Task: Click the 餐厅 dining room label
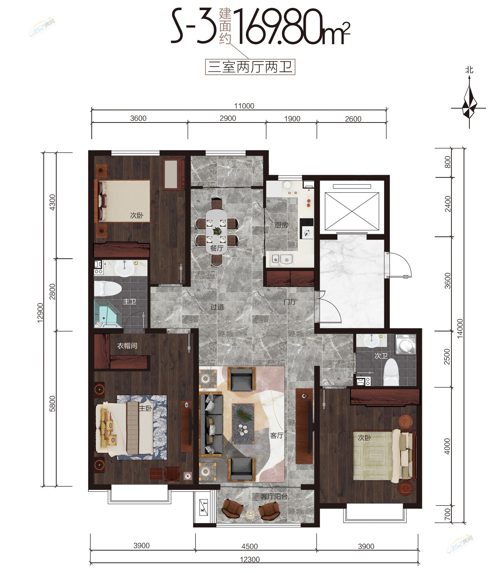click(217, 248)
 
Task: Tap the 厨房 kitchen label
click(281, 225)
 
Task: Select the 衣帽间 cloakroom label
click(127, 346)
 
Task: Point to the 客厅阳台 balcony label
click(274, 497)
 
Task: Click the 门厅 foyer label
click(290, 302)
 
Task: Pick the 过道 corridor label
click(217, 307)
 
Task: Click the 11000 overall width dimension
click(244, 106)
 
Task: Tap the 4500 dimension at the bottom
click(249, 546)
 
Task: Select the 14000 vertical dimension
click(460, 328)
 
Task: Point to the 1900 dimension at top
click(292, 119)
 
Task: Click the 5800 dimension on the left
click(52, 404)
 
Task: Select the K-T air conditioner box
click(204, 508)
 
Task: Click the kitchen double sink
click(282, 259)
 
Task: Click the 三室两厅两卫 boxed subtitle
click(250, 67)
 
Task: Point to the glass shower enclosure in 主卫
click(108, 314)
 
